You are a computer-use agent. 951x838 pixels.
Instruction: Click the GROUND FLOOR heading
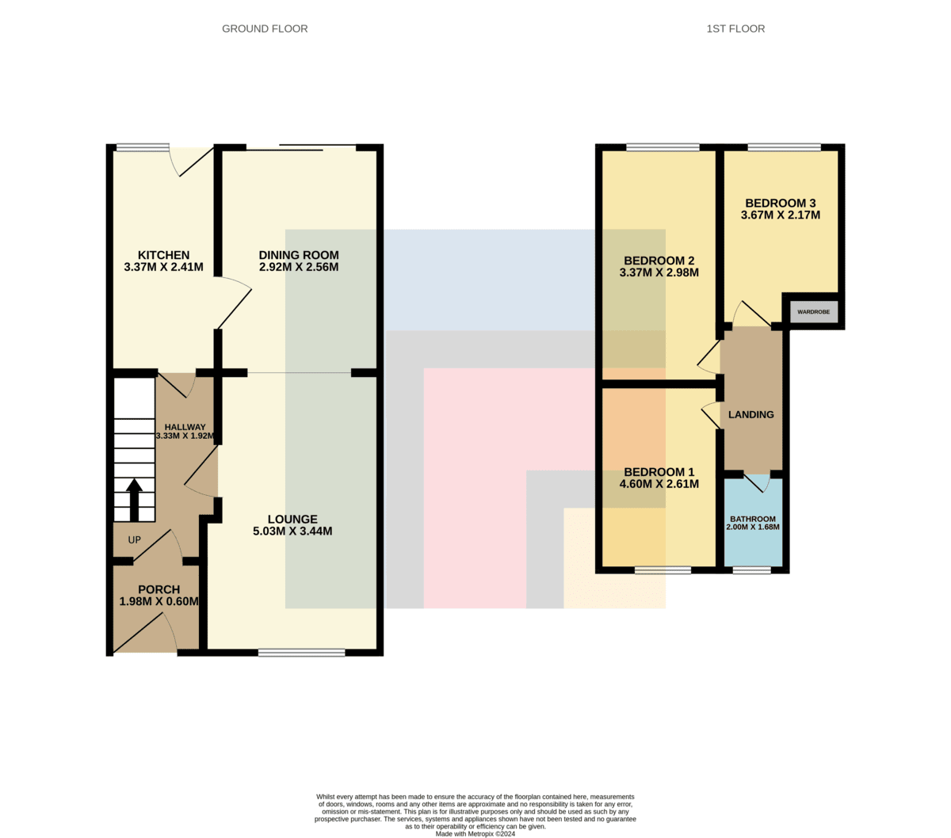pyautogui.click(x=265, y=29)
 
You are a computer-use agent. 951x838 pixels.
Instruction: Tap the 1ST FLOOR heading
pyautogui.click(x=735, y=29)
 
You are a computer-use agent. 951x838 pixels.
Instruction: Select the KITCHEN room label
pyautogui.click(x=163, y=255)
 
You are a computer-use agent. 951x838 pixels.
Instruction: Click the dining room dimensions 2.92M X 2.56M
pyautogui.click(x=299, y=267)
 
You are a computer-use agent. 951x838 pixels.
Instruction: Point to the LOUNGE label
pyautogui.click(x=292, y=519)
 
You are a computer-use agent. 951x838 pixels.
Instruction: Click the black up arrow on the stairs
pyautogui.click(x=134, y=500)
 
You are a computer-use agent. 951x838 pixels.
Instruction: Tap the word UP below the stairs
pyautogui.click(x=134, y=539)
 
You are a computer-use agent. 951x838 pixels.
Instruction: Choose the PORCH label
pyautogui.click(x=158, y=589)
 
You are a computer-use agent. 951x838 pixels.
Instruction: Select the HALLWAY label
pyautogui.click(x=185, y=427)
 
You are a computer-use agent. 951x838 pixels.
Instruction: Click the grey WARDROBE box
pyautogui.click(x=813, y=311)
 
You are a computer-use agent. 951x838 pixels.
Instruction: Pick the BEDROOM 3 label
pyautogui.click(x=781, y=204)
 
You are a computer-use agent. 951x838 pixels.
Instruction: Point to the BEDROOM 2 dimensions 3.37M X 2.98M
pyautogui.click(x=659, y=272)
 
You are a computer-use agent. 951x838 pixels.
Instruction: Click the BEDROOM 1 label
pyautogui.click(x=659, y=472)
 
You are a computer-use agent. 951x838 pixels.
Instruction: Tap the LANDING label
pyautogui.click(x=751, y=414)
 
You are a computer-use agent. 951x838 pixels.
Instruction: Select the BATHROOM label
pyautogui.click(x=752, y=519)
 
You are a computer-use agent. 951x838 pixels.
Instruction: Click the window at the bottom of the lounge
pyautogui.click(x=301, y=652)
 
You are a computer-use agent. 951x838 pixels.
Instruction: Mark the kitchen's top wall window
pyautogui.click(x=143, y=148)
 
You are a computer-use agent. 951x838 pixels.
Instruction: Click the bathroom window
pyautogui.click(x=752, y=570)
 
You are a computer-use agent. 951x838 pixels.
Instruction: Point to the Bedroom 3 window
pyautogui.click(x=784, y=147)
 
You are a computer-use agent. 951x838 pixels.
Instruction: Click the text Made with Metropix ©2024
pyautogui.click(x=475, y=834)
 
